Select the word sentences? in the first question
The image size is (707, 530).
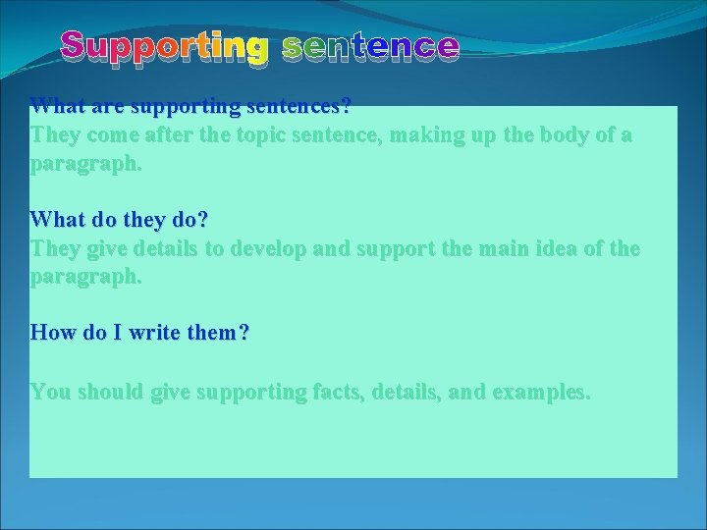coord(302,105)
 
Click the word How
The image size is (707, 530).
coord(52,333)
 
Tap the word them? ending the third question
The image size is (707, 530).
coord(218,333)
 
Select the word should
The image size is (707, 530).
coord(111,392)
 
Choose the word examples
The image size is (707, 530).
coord(541,392)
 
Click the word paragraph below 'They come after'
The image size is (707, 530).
coord(85,164)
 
